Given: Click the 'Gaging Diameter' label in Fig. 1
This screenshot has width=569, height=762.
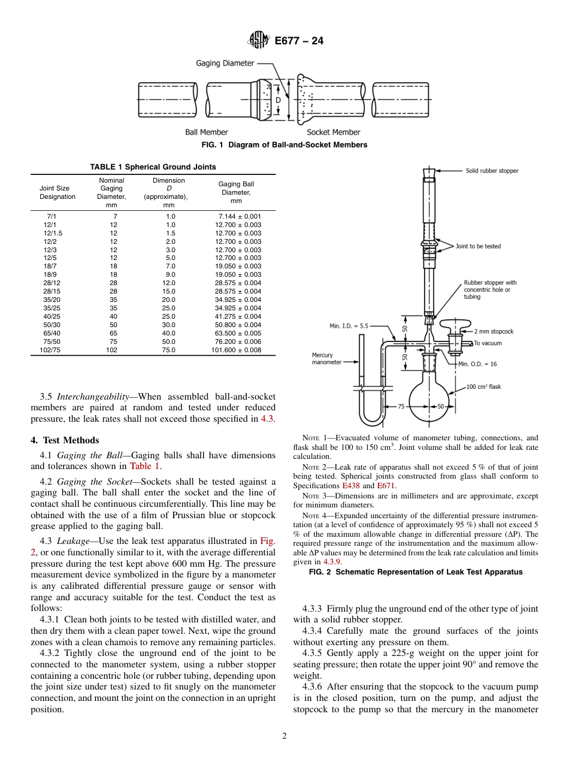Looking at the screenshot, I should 225,63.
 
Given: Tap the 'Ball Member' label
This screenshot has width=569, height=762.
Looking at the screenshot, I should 206,132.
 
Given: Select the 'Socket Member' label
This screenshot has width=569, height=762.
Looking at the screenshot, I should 334,132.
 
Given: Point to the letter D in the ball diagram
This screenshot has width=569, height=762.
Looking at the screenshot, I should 278,100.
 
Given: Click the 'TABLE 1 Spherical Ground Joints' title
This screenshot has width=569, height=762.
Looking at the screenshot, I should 153,167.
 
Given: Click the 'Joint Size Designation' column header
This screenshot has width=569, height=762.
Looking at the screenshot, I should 57,192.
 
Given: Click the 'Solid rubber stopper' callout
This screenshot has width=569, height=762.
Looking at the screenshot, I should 492,171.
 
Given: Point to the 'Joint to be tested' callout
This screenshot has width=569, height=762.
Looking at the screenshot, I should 478,246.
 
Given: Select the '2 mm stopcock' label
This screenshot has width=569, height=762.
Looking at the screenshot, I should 494,331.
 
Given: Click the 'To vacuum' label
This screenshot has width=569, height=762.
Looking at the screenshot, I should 488,343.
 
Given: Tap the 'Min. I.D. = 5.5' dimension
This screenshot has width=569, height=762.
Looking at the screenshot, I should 349,326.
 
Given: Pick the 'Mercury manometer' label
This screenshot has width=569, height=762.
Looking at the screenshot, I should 326,359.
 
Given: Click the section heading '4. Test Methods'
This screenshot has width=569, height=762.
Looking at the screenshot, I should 65,441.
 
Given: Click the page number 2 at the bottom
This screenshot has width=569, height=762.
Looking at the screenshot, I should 284,736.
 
